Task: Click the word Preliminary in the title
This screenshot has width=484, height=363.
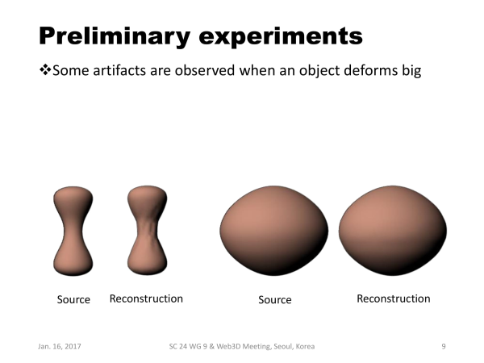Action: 114,37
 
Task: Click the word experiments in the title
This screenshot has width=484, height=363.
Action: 281,37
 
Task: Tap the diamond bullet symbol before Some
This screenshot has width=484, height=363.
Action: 45,69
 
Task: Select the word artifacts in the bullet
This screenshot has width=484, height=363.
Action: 119,70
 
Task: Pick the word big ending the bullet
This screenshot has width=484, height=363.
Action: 411,71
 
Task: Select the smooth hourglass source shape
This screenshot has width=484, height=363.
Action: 73,231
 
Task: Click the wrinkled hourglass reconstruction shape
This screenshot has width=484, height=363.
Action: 148,230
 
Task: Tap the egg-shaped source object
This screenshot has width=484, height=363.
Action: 274,231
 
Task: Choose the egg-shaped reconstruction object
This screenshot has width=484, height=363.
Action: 393,231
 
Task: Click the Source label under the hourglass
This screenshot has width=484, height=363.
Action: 73,299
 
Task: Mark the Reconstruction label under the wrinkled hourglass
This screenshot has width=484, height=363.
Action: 146,298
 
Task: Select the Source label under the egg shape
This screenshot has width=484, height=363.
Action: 275,299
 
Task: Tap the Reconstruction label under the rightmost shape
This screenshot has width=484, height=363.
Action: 394,298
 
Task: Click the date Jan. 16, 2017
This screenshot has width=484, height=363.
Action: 60,346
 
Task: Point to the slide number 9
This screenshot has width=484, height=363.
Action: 444,346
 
